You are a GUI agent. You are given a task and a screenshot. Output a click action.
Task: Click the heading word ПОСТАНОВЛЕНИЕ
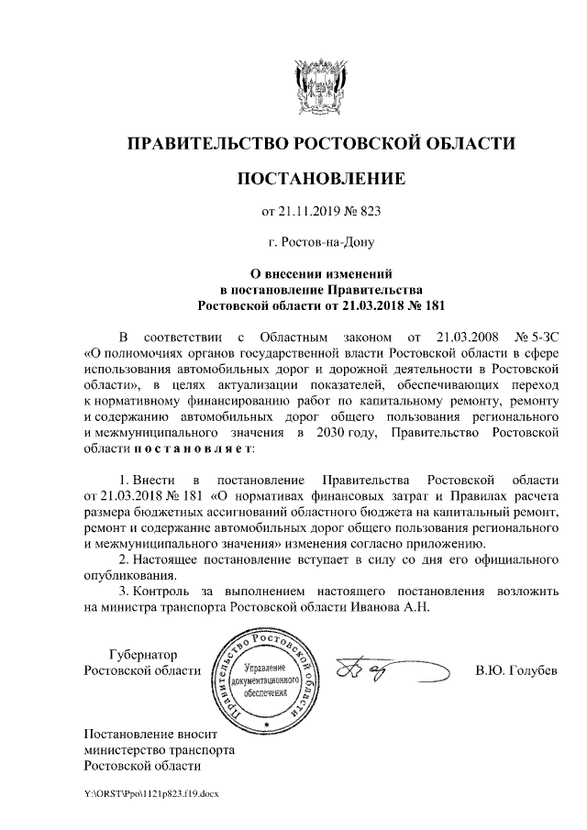[x=321, y=177]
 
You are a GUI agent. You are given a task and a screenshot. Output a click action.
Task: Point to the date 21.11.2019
[x=309, y=212]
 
